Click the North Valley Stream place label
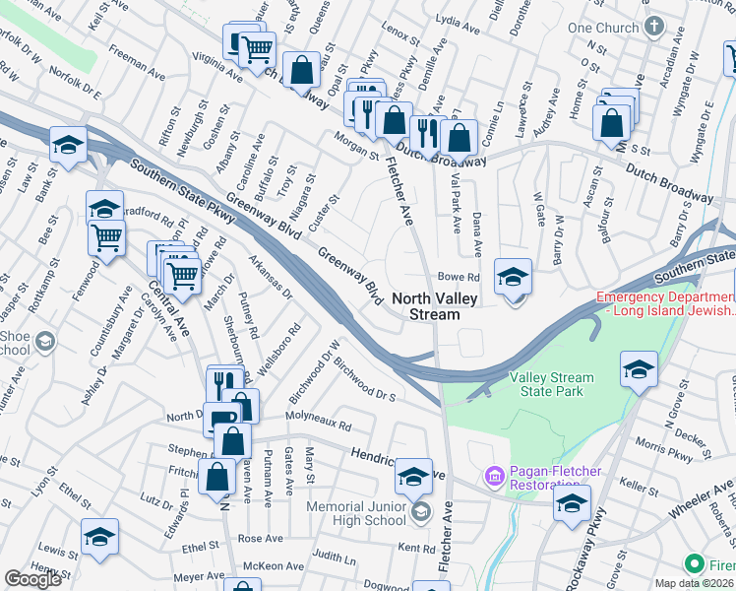pos(426,306)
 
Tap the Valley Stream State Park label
pos(552,384)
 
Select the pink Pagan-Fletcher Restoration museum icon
pos(494,477)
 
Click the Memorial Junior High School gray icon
pos(421,510)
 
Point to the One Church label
pos(603,28)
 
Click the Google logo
pos(32,579)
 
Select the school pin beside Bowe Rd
pos(513,278)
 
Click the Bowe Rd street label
pos(458,278)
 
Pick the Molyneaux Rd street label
pos(318,425)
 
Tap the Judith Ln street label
pos(336,558)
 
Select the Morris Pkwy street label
pos(661,444)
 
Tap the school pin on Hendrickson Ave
pos(414,478)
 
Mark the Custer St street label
pos(327,212)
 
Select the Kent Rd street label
pos(417,548)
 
